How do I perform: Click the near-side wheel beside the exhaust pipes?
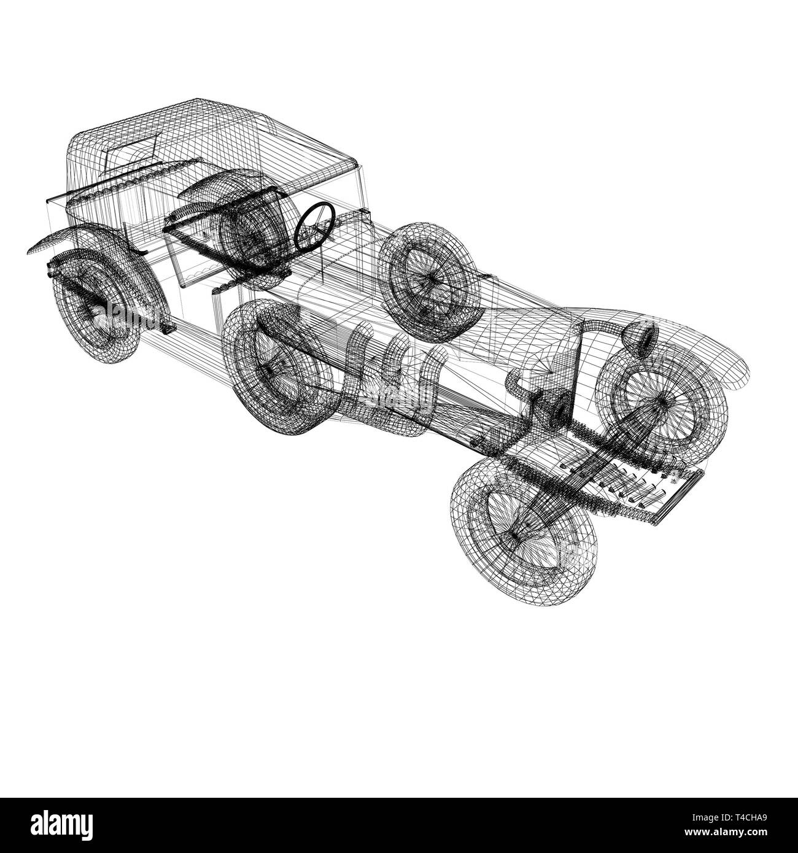[x=279, y=368]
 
